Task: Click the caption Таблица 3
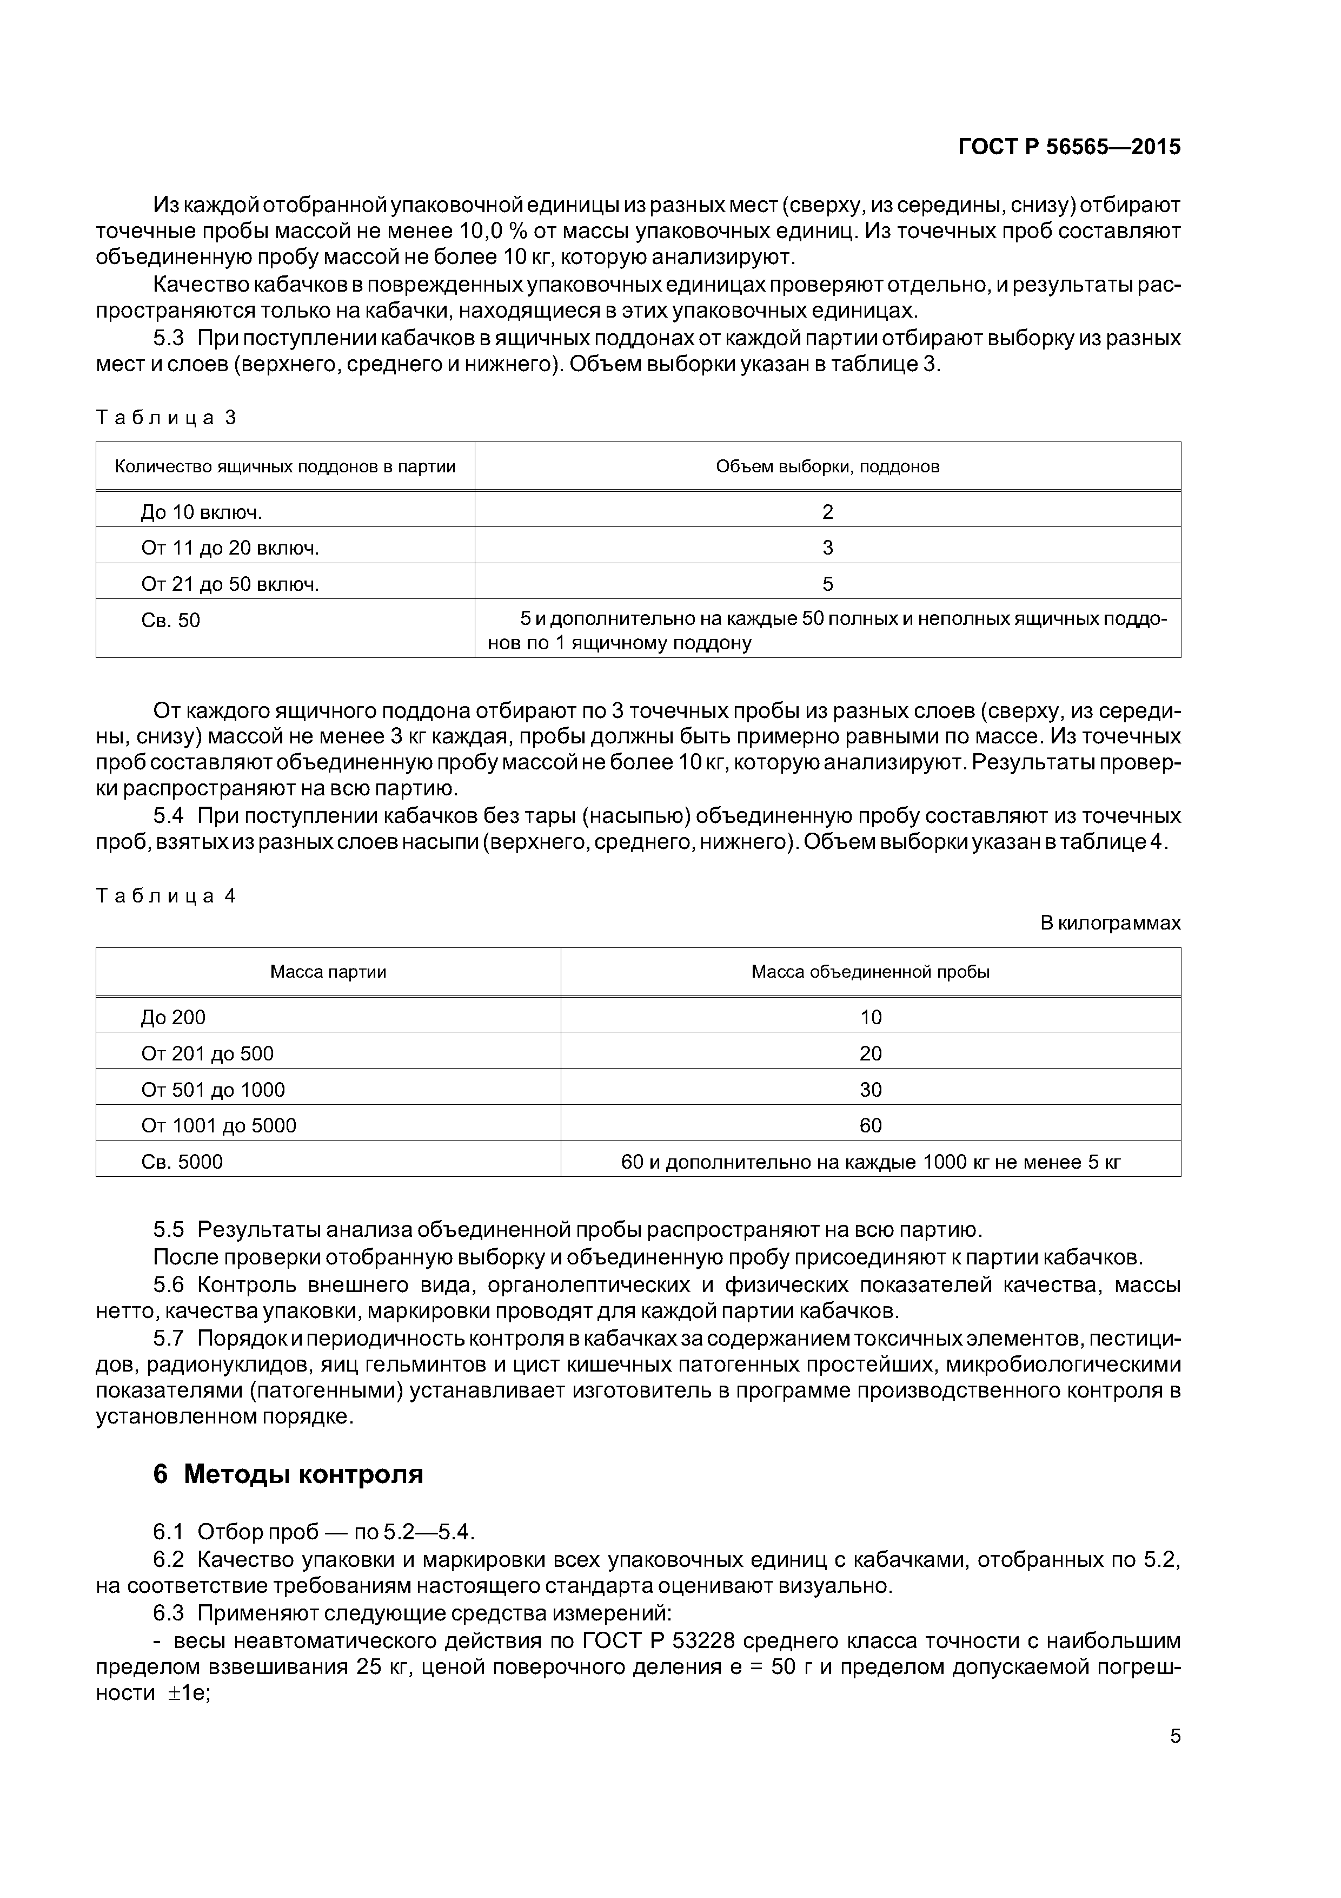click(166, 418)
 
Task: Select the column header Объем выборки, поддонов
click(827, 466)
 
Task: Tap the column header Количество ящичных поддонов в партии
click(285, 466)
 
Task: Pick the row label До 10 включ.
click(201, 512)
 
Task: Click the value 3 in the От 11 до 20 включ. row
click(827, 548)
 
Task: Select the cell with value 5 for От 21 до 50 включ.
click(827, 584)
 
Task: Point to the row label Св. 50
click(170, 621)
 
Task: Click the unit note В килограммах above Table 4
click(1110, 924)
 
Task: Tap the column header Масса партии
click(328, 972)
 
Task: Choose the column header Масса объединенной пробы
click(870, 972)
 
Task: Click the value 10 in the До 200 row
click(870, 1018)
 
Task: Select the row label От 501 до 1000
click(213, 1090)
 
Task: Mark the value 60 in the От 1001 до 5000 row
click(870, 1126)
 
